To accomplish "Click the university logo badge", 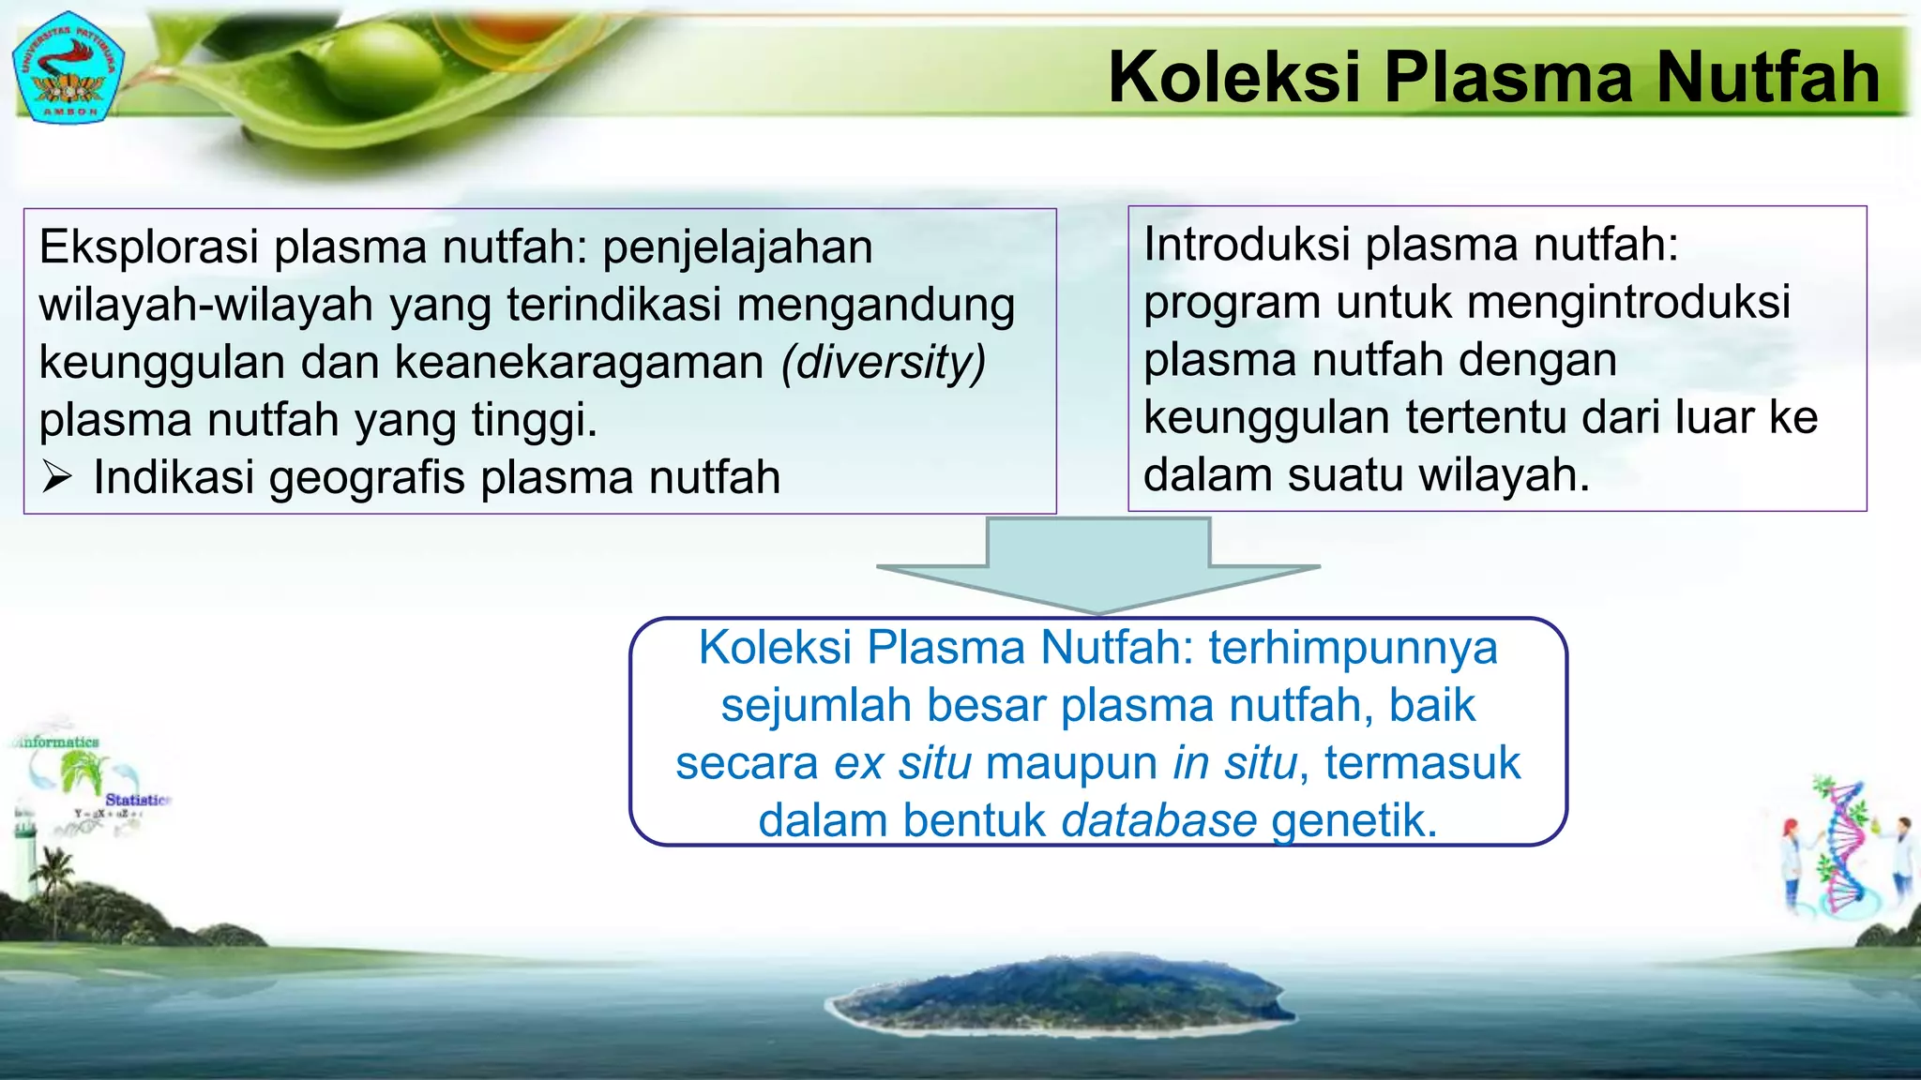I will point(68,67).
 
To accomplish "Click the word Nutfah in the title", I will point(1767,77).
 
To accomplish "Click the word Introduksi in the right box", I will point(1248,246).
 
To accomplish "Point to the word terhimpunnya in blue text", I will point(1353,649).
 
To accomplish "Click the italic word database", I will point(1159,821).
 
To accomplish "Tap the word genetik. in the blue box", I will point(1354,821).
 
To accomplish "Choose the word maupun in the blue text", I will point(1072,763).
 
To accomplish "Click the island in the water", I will point(1060,996).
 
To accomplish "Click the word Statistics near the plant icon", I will point(137,800).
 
